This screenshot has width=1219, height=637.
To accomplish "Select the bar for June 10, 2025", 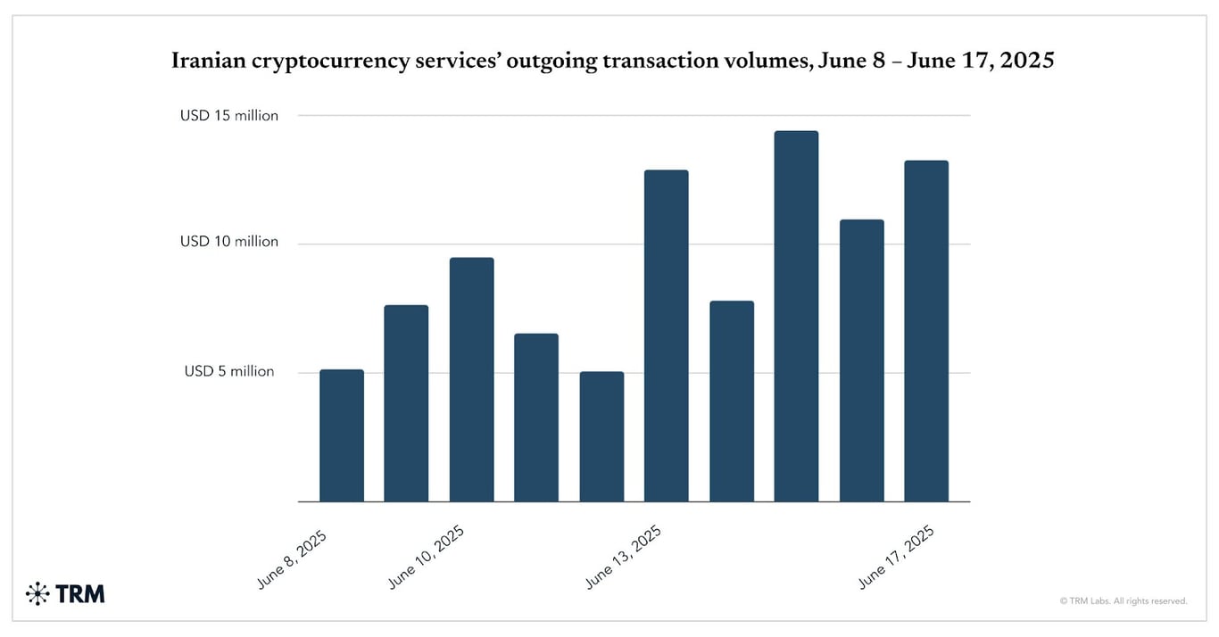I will click(x=471, y=379).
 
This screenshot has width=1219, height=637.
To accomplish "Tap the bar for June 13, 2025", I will click(x=666, y=335).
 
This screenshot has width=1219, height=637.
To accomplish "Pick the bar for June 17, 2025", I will click(x=926, y=331).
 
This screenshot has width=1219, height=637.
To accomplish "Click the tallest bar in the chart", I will click(x=796, y=316).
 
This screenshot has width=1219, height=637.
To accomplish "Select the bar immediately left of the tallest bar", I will click(x=732, y=401).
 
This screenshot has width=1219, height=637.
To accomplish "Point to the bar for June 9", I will click(x=406, y=403).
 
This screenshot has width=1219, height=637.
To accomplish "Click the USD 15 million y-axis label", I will click(x=229, y=116).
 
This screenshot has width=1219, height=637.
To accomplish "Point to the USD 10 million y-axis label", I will click(x=229, y=242).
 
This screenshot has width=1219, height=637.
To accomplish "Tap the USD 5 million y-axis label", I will click(x=229, y=371).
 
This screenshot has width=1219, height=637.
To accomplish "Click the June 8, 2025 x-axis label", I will click(x=293, y=559).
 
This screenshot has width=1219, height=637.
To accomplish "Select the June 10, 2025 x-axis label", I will click(x=427, y=557).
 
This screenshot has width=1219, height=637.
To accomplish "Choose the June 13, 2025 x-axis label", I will click(x=623, y=557).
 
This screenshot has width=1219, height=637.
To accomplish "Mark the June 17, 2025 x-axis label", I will click(x=896, y=557).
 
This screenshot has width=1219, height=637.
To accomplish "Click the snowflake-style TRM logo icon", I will click(x=38, y=593).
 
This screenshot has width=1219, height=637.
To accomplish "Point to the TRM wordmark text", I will click(x=80, y=593).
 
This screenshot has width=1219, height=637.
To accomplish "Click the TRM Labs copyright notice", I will click(x=1124, y=601).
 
